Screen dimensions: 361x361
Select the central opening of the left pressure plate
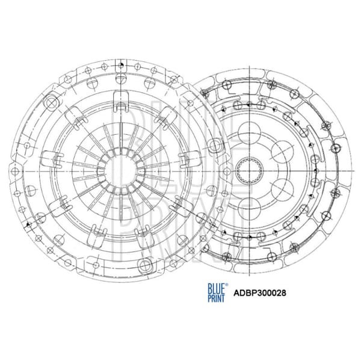(120, 172)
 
